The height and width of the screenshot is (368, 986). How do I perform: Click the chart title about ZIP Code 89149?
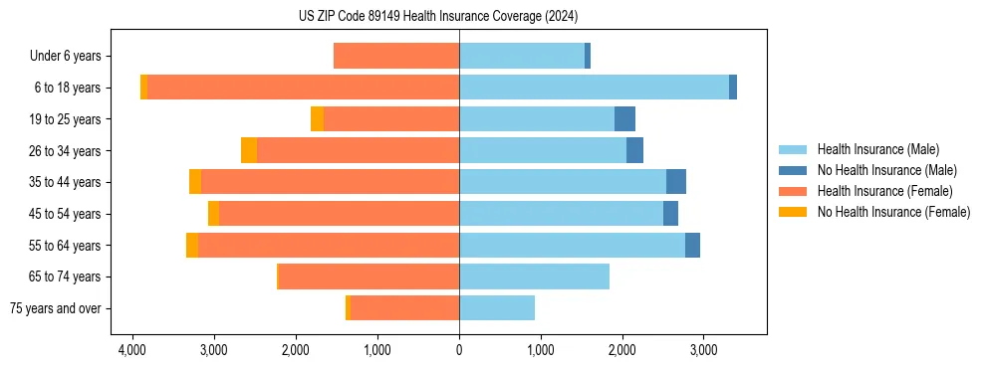pyautogui.click(x=437, y=17)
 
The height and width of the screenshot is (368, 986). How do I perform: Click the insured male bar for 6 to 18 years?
pyautogui.click(x=594, y=88)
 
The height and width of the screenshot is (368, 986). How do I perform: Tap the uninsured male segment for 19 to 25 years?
pyautogui.click(x=624, y=119)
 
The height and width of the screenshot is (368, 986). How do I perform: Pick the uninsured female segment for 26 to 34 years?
pyautogui.click(x=249, y=150)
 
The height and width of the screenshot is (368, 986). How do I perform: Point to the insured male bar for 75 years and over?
pyautogui.click(x=497, y=308)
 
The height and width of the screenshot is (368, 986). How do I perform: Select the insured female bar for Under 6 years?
pyautogui.click(x=396, y=56)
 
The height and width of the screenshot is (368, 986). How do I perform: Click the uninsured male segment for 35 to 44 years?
pyautogui.click(x=676, y=182)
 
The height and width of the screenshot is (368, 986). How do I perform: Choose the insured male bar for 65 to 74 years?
pyautogui.click(x=534, y=276)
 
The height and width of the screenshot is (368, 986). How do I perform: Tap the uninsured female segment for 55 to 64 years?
pyautogui.click(x=192, y=245)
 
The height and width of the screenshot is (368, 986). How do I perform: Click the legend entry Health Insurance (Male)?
pyautogui.click(x=877, y=149)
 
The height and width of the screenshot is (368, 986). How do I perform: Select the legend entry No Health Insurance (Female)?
pyautogui.click(x=893, y=212)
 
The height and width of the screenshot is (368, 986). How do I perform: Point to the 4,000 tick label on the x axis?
pyautogui.click(x=132, y=350)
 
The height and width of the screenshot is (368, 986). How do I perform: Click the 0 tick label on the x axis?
pyautogui.click(x=459, y=350)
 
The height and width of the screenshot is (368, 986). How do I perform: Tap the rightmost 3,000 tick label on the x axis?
pyautogui.click(x=703, y=350)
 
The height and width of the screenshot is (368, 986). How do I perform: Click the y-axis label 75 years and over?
pyautogui.click(x=56, y=308)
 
